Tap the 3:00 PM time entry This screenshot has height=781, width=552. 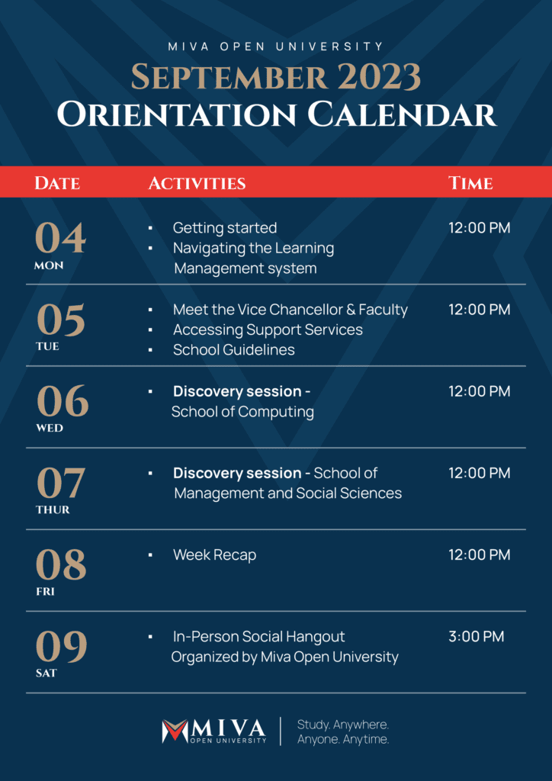tap(477, 636)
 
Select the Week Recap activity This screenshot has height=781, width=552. tap(214, 554)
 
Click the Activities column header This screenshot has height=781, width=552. tap(197, 183)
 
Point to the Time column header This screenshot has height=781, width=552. tap(470, 183)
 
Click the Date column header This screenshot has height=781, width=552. tap(57, 183)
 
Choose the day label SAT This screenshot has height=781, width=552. tap(47, 673)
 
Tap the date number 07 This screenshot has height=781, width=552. tap(61, 483)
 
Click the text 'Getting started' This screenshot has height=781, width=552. tap(225, 227)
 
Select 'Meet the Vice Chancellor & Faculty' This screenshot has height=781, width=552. tap(290, 309)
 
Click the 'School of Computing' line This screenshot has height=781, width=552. tap(242, 412)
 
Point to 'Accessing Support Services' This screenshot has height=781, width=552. tap(268, 329)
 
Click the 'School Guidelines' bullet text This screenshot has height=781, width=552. tap(233, 350)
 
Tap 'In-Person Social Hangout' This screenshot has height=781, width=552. tap(258, 636)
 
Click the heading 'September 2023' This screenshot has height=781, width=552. tap(276, 77)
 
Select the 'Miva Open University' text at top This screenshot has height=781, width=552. tap(276, 47)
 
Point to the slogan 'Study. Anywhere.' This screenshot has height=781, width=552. tap(342, 724)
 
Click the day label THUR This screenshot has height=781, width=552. tap(53, 509)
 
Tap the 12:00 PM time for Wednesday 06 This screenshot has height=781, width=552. tap(479, 391)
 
